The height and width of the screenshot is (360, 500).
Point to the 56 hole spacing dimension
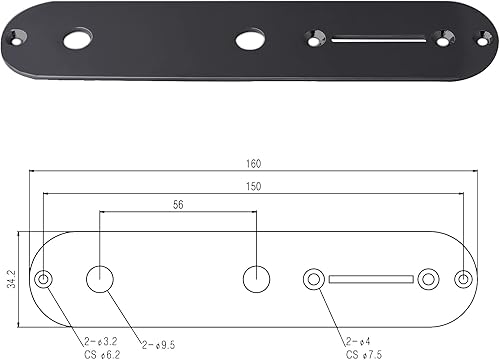(179, 205)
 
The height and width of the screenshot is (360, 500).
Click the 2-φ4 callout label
(358, 340)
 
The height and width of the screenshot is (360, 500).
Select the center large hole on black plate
(249, 41)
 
